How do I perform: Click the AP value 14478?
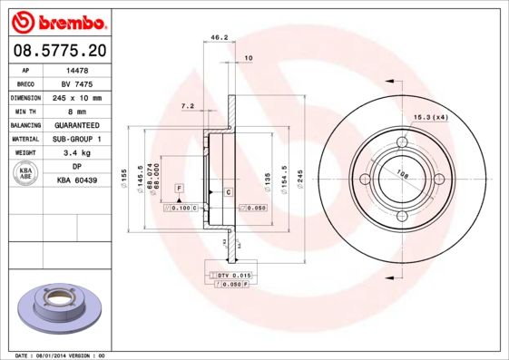(77, 69)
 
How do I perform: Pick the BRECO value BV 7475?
(77, 83)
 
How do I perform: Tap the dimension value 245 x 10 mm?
(77, 97)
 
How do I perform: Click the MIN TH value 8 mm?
(77, 111)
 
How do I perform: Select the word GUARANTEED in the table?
(77, 125)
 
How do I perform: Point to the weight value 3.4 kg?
(77, 153)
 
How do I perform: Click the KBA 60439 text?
(77, 181)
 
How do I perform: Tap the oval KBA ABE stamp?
(25, 175)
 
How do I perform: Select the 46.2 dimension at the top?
(219, 39)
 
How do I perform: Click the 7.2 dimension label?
(189, 106)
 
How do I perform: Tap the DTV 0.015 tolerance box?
(231, 274)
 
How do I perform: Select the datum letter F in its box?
(179, 187)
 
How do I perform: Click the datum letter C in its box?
(229, 193)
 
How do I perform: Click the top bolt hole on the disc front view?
(403, 141)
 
